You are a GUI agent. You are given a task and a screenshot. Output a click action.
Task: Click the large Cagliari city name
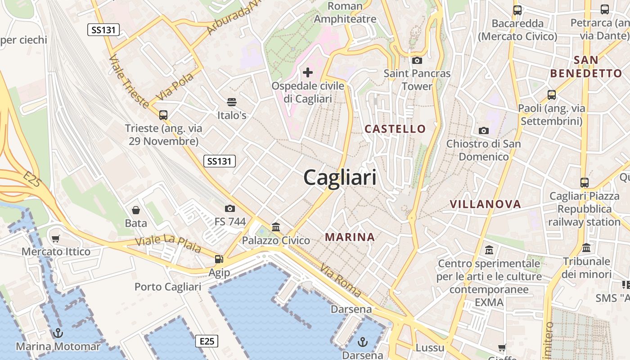pos(340,177)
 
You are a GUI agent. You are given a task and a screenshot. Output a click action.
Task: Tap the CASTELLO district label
pos(395,129)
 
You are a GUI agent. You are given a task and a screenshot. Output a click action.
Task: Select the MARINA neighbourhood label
pos(350,237)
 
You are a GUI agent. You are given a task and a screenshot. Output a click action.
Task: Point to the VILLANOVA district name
pos(486,204)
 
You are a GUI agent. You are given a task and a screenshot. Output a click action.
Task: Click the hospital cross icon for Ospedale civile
pos(308,72)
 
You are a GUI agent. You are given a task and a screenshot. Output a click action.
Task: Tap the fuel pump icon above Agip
pos(219,259)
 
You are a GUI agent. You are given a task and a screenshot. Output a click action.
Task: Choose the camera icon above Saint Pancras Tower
pos(417,60)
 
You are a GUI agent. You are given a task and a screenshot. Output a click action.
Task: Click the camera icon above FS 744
pos(230,208)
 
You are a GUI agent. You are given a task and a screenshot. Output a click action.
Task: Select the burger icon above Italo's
pos(232,102)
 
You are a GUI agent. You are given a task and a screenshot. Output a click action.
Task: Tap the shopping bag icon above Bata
pos(135,210)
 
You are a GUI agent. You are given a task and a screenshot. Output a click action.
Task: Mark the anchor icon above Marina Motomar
pos(58,333)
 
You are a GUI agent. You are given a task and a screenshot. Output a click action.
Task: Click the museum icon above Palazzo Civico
pos(276,227)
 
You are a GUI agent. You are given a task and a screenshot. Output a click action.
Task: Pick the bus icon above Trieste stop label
pos(163,115)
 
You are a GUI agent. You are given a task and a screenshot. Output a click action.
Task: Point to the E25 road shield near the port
pos(207,341)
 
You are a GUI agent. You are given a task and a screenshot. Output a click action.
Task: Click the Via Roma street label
pos(341,281)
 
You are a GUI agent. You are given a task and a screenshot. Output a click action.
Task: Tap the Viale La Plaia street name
pos(168,243)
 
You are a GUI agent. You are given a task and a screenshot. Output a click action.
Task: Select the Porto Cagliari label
pos(168,287)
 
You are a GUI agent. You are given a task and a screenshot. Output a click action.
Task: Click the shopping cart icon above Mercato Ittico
pos(56,238)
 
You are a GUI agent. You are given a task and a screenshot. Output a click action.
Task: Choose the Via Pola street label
pos(175,87)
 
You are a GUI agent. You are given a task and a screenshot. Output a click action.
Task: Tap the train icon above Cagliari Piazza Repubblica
pos(585,183)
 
